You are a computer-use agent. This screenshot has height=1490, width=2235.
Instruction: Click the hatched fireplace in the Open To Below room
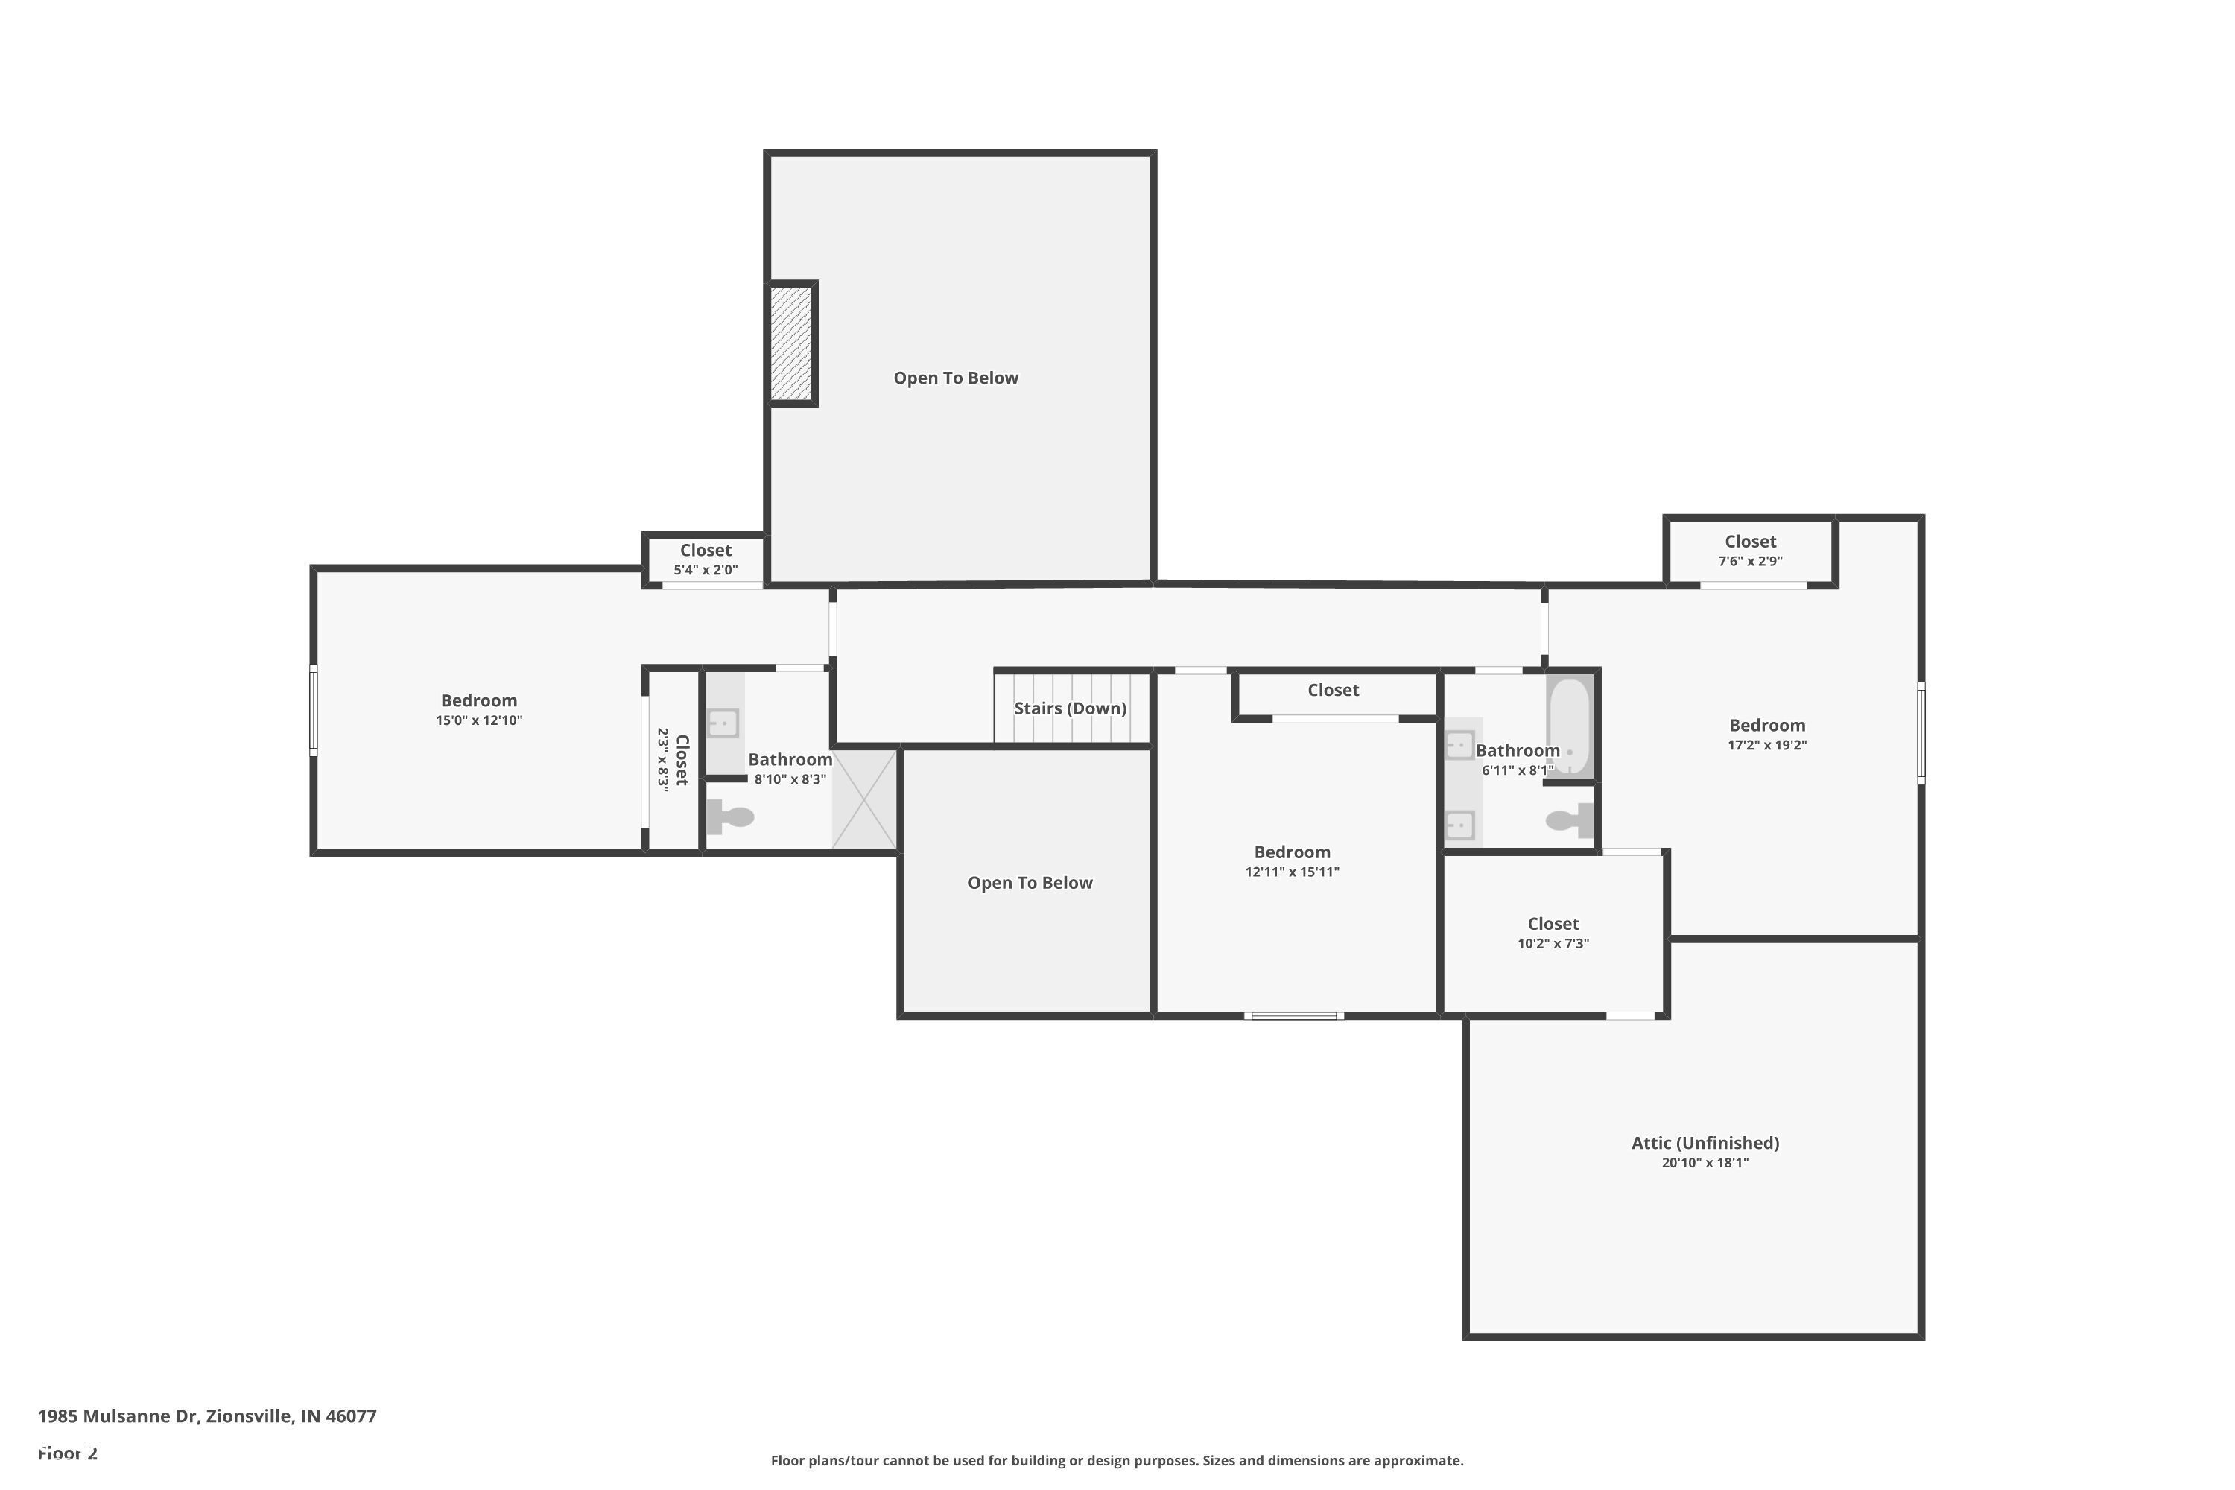pyautogui.click(x=790, y=343)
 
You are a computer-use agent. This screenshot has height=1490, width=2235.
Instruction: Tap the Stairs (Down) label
pyautogui.click(x=1070, y=708)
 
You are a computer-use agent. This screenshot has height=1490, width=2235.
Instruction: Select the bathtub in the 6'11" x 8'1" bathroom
pyautogui.click(x=1569, y=726)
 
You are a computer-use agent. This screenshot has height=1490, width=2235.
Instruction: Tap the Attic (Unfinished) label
pyautogui.click(x=1705, y=1143)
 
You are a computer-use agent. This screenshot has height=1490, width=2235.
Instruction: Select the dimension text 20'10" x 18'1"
pyautogui.click(x=1705, y=1163)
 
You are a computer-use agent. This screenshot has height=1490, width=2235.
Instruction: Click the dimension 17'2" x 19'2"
pyautogui.click(x=1766, y=745)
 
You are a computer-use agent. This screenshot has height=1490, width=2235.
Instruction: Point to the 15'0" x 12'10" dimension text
pyautogui.click(x=479, y=720)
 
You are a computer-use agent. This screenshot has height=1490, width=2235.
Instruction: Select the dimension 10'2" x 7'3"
pyautogui.click(x=1553, y=944)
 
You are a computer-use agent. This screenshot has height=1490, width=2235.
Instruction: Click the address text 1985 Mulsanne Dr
pyautogui.click(x=118, y=1416)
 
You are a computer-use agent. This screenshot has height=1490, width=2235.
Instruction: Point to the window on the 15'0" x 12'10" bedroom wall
pyautogui.click(x=314, y=711)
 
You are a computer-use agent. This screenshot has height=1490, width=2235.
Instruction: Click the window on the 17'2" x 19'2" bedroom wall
pyautogui.click(x=1921, y=732)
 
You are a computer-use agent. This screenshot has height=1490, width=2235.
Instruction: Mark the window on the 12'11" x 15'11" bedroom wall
pyautogui.click(x=1294, y=1016)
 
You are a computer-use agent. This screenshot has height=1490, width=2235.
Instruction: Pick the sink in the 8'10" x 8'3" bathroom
pyautogui.click(x=723, y=723)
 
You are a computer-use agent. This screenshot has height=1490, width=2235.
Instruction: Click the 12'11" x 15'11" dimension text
pyautogui.click(x=1293, y=872)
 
